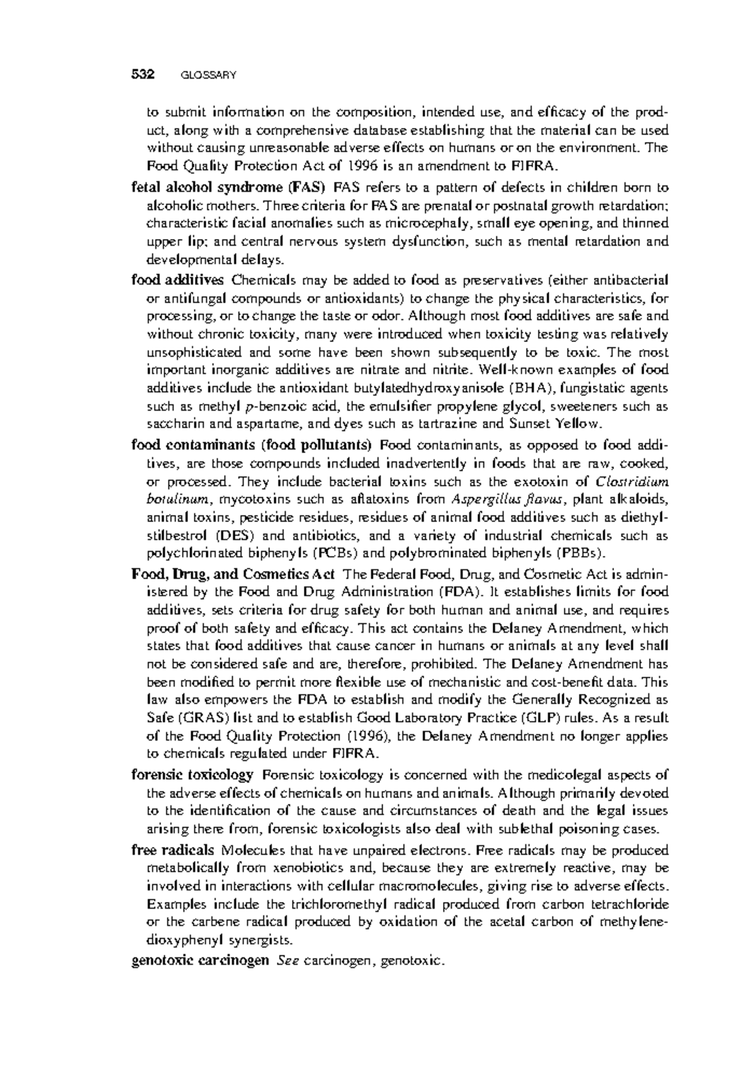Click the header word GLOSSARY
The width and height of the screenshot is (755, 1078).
point(208,75)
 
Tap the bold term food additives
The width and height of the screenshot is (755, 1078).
point(177,279)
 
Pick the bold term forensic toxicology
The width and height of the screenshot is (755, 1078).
point(193,775)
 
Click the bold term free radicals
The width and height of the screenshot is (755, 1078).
point(172,850)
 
